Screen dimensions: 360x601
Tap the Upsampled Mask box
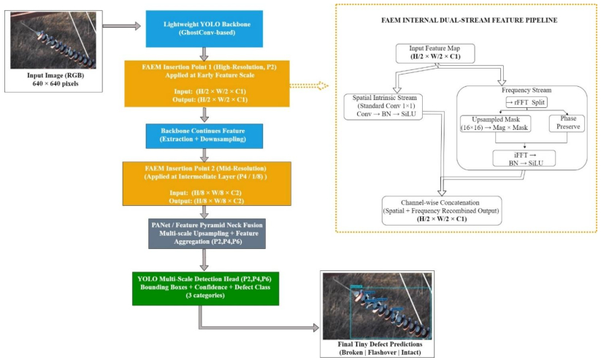tap(496, 123)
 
